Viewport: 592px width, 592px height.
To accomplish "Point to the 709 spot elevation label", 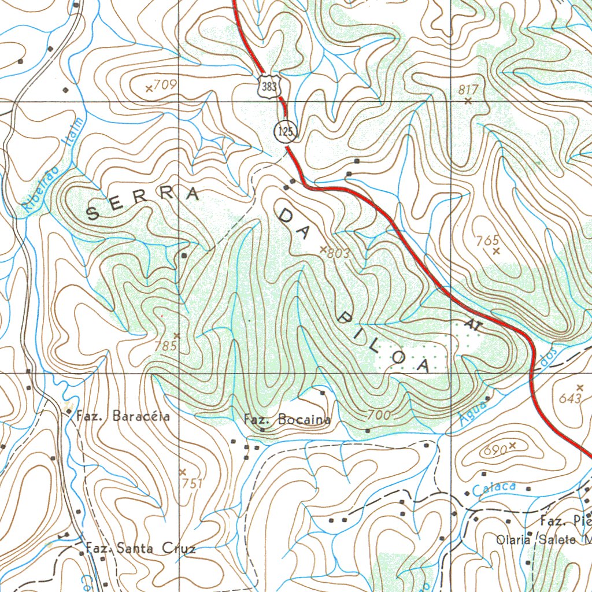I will (x=165, y=85).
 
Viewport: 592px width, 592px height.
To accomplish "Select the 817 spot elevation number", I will (x=469, y=89).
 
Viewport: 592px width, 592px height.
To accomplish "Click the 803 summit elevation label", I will (x=338, y=253).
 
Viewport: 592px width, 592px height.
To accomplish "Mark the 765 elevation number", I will (x=488, y=240).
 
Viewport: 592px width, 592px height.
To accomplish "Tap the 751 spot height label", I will (x=193, y=483).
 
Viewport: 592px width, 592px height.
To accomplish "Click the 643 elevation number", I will (x=571, y=398).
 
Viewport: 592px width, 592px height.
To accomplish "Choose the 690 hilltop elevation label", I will (x=496, y=449).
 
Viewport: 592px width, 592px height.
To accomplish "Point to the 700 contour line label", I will (x=379, y=415).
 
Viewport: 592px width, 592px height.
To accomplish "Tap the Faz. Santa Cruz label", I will (x=140, y=548).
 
